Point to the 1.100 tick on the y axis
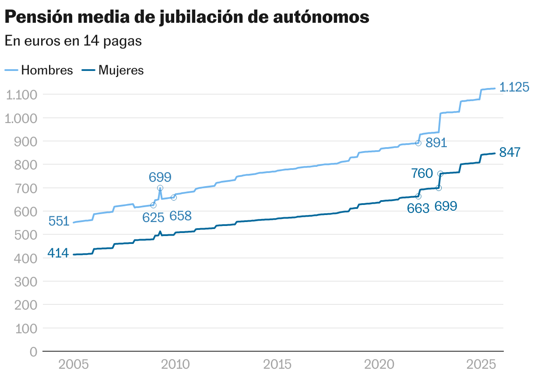click(x=22, y=95)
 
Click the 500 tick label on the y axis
click(x=27, y=235)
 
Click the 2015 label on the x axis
click(x=277, y=364)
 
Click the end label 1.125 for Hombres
click(x=514, y=88)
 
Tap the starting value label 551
click(x=59, y=221)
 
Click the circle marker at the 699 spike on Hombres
click(x=160, y=188)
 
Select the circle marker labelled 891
click(x=418, y=143)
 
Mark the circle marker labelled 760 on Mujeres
click(x=440, y=174)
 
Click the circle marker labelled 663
click(x=418, y=196)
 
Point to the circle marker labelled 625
click(x=153, y=205)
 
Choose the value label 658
click(x=180, y=216)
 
